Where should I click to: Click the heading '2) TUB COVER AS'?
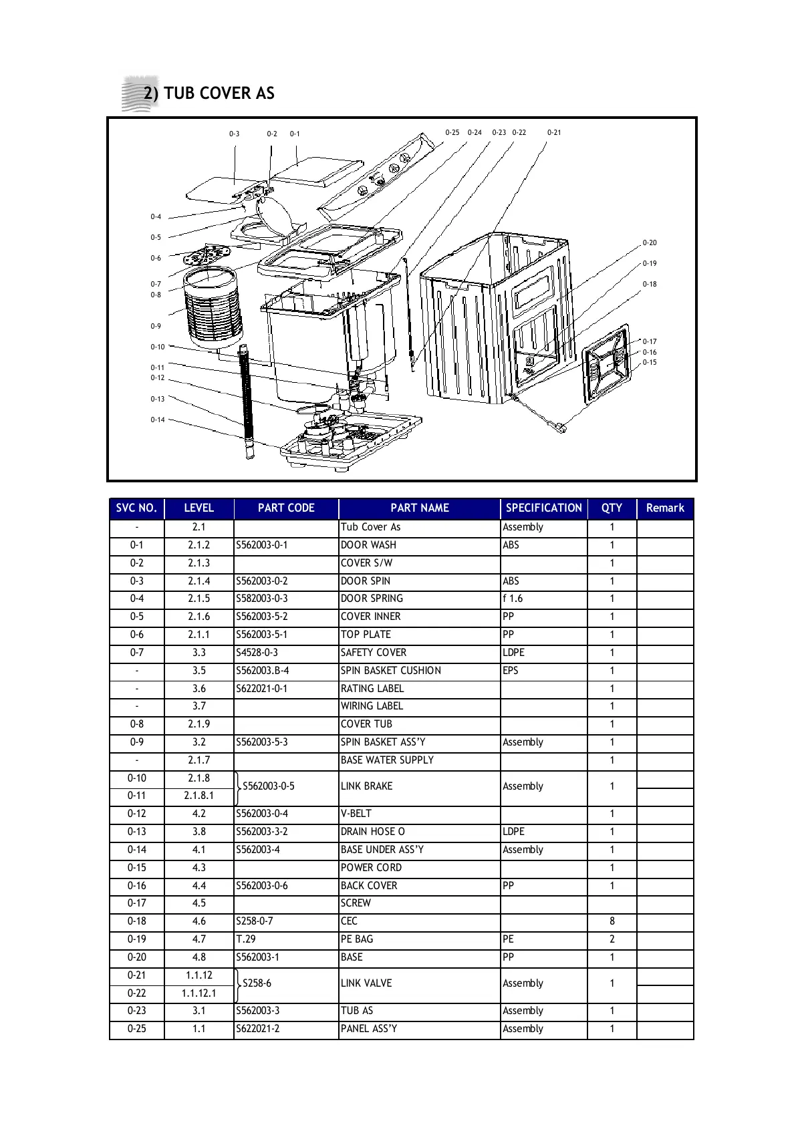pyautogui.click(x=209, y=94)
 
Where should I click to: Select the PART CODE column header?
pyautogui.click(x=285, y=508)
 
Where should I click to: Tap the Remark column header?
pyautogui.click(x=664, y=508)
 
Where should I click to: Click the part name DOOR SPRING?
pyautogui.click(x=372, y=599)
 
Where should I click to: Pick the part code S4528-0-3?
pyautogui.click(x=257, y=653)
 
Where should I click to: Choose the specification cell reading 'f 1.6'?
pyautogui.click(x=513, y=599)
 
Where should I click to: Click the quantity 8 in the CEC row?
pyautogui.click(x=612, y=921)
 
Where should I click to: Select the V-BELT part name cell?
pyautogui.click(x=356, y=814)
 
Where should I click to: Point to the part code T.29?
pyautogui.click(x=246, y=939)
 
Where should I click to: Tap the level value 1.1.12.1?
pyautogui.click(x=198, y=993)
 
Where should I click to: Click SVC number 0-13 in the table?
pyautogui.click(x=136, y=832)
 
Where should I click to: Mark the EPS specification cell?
pyautogui.click(x=511, y=671)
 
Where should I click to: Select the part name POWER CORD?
pyautogui.click(x=371, y=868)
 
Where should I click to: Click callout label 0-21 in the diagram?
pyautogui.click(x=554, y=132)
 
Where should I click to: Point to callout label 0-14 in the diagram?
pyautogui.click(x=157, y=420)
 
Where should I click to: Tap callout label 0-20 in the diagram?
pyautogui.click(x=650, y=243)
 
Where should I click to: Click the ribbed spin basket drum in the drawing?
pyautogui.click(x=213, y=309)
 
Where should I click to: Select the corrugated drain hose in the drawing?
pyautogui.click(x=247, y=401)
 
